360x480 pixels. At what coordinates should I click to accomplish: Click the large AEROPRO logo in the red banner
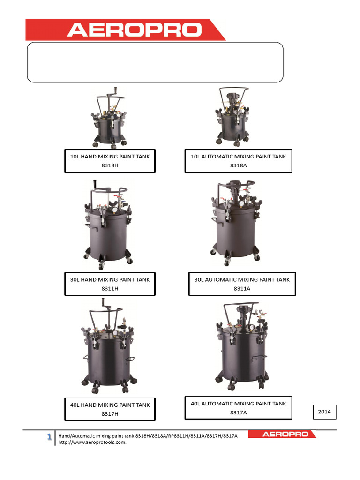coord(135,30)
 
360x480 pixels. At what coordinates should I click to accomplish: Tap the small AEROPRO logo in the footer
coord(285,434)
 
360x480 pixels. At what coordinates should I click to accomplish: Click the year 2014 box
coord(324,412)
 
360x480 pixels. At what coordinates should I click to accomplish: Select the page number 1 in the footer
coord(49,436)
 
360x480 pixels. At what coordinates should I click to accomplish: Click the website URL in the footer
coord(92,442)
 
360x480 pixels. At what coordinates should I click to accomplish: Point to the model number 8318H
coord(110,165)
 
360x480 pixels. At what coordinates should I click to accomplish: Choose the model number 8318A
coord(239,165)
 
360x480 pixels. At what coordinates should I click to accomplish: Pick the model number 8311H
coord(110,289)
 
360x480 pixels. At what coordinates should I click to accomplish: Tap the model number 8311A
coord(242,289)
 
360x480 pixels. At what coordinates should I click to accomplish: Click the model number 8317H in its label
coord(110,414)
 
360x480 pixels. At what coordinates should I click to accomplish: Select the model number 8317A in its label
coord(239,412)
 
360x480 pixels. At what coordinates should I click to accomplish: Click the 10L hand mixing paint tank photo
coord(109,118)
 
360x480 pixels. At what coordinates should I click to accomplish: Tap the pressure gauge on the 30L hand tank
coord(115,210)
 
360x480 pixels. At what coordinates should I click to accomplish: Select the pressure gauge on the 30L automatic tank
coord(241,203)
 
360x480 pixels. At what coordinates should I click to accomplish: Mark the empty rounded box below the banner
coord(155,62)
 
